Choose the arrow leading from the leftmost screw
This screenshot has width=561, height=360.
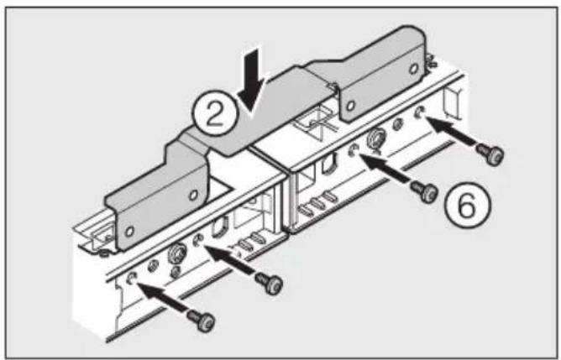165,297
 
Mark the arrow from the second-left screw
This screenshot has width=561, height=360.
231,261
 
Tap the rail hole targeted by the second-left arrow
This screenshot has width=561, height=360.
200,242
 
